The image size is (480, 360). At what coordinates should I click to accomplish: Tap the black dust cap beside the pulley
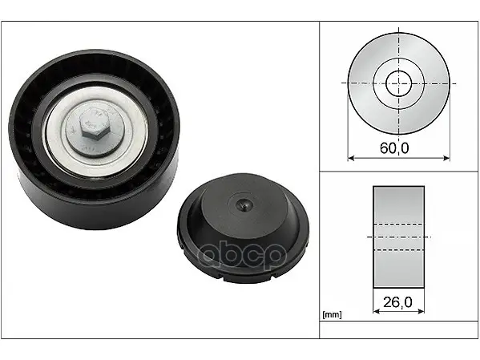(244, 228)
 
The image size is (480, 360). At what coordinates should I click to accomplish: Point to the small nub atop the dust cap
(244, 204)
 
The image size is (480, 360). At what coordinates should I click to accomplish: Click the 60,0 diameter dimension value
(394, 148)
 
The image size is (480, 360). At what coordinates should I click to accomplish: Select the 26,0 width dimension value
(397, 302)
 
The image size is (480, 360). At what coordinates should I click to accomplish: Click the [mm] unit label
(332, 314)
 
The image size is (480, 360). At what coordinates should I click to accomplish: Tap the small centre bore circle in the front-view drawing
(398, 83)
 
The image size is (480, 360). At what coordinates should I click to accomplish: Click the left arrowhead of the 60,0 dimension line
(351, 158)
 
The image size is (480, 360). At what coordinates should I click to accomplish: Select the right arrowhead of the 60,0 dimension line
(446, 158)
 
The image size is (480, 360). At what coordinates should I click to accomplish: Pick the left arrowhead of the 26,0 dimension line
(377, 311)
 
